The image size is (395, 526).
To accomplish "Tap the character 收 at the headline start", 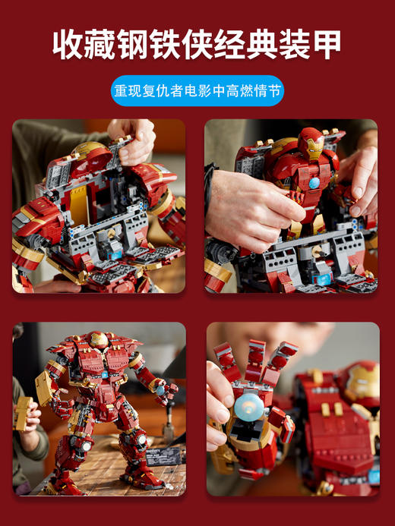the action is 68,45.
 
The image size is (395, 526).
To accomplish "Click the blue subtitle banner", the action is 197,91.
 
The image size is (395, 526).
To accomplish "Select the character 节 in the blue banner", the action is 273,91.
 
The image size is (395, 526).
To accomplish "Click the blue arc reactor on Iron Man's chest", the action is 314,183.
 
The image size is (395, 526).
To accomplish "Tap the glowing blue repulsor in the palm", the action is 248,406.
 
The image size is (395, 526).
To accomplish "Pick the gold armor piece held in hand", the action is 22,413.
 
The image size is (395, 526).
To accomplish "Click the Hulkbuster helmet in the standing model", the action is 98,340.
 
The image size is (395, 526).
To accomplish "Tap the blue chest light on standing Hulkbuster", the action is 104,375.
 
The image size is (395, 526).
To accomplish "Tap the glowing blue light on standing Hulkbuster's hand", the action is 161,390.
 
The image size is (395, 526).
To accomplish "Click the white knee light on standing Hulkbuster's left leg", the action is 142,439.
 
